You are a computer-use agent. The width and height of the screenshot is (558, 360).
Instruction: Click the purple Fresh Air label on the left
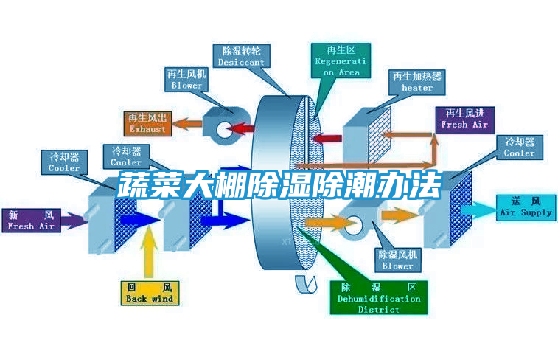31,221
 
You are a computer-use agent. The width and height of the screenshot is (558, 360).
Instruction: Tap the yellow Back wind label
149,293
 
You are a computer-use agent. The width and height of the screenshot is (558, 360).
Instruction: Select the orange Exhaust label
147,123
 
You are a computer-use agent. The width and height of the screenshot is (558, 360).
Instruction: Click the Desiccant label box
241,57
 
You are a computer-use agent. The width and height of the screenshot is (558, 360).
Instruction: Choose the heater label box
417,82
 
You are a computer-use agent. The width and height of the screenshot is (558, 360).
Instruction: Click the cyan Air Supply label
526,207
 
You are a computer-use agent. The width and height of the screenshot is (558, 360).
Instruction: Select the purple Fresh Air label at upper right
464,119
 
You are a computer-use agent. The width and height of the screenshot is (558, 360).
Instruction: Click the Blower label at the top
186,80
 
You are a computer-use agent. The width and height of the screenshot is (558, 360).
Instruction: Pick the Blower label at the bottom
397,260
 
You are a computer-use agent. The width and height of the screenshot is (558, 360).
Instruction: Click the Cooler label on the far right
519,148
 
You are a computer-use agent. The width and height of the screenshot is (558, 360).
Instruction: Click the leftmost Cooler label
64,162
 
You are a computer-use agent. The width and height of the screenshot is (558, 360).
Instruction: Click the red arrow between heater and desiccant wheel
330,137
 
